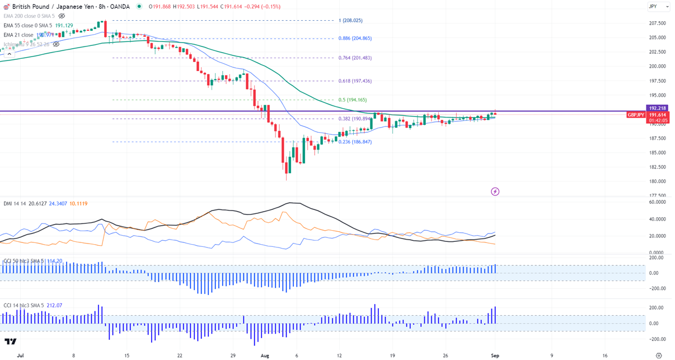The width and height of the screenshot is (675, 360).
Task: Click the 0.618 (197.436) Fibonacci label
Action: pyautogui.click(x=355, y=81)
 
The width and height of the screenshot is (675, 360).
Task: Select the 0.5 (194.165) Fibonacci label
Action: pyautogui.click(x=353, y=100)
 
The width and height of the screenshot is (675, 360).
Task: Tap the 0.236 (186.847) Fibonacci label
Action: pyautogui.click(x=355, y=142)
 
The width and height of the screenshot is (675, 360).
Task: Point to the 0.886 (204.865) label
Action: pyautogui.click(x=355, y=39)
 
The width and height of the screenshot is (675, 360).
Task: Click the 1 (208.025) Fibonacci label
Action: pyautogui.click(x=350, y=21)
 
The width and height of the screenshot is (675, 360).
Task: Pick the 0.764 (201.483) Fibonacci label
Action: pyautogui.click(x=355, y=58)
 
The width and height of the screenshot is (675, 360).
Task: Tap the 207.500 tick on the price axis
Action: pyautogui.click(x=657, y=24)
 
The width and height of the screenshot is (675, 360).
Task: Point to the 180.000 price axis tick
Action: pyautogui.click(x=657, y=181)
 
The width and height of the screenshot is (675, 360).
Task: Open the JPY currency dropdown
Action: pyautogui.click(x=658, y=7)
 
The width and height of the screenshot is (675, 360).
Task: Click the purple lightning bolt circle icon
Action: pyautogui.click(x=495, y=191)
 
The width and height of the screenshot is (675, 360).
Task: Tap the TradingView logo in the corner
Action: pyautogui.click(x=10, y=341)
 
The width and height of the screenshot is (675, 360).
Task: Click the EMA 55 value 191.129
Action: pyautogui.click(x=64, y=26)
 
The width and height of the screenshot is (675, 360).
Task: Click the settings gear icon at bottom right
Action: pyautogui.click(x=659, y=356)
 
